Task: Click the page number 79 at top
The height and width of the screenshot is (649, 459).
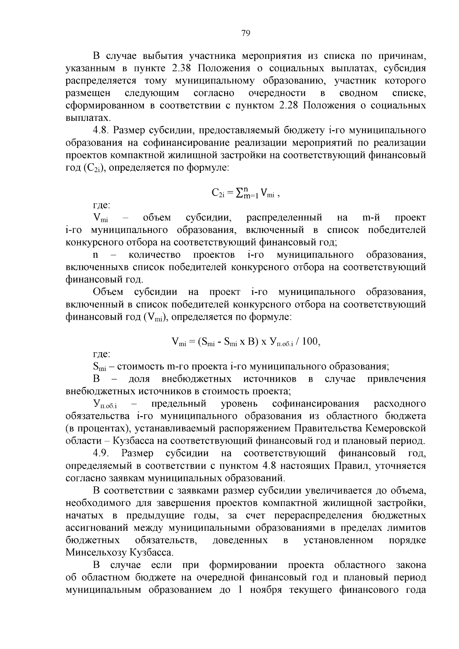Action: pyautogui.click(x=246, y=33)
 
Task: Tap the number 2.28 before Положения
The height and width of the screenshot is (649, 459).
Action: pyautogui.click(x=288, y=106)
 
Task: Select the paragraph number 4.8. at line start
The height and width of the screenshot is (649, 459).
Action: pyautogui.click(x=101, y=130)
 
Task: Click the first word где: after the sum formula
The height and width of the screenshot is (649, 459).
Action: pyautogui.click(x=102, y=205)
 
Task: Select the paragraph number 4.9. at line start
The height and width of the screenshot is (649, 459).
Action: pyautogui.click(x=102, y=453)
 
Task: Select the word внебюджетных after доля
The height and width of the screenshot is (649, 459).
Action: pyautogui.click(x=197, y=379)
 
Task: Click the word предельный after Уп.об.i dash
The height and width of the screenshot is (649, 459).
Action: pyautogui.click(x=179, y=404)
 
